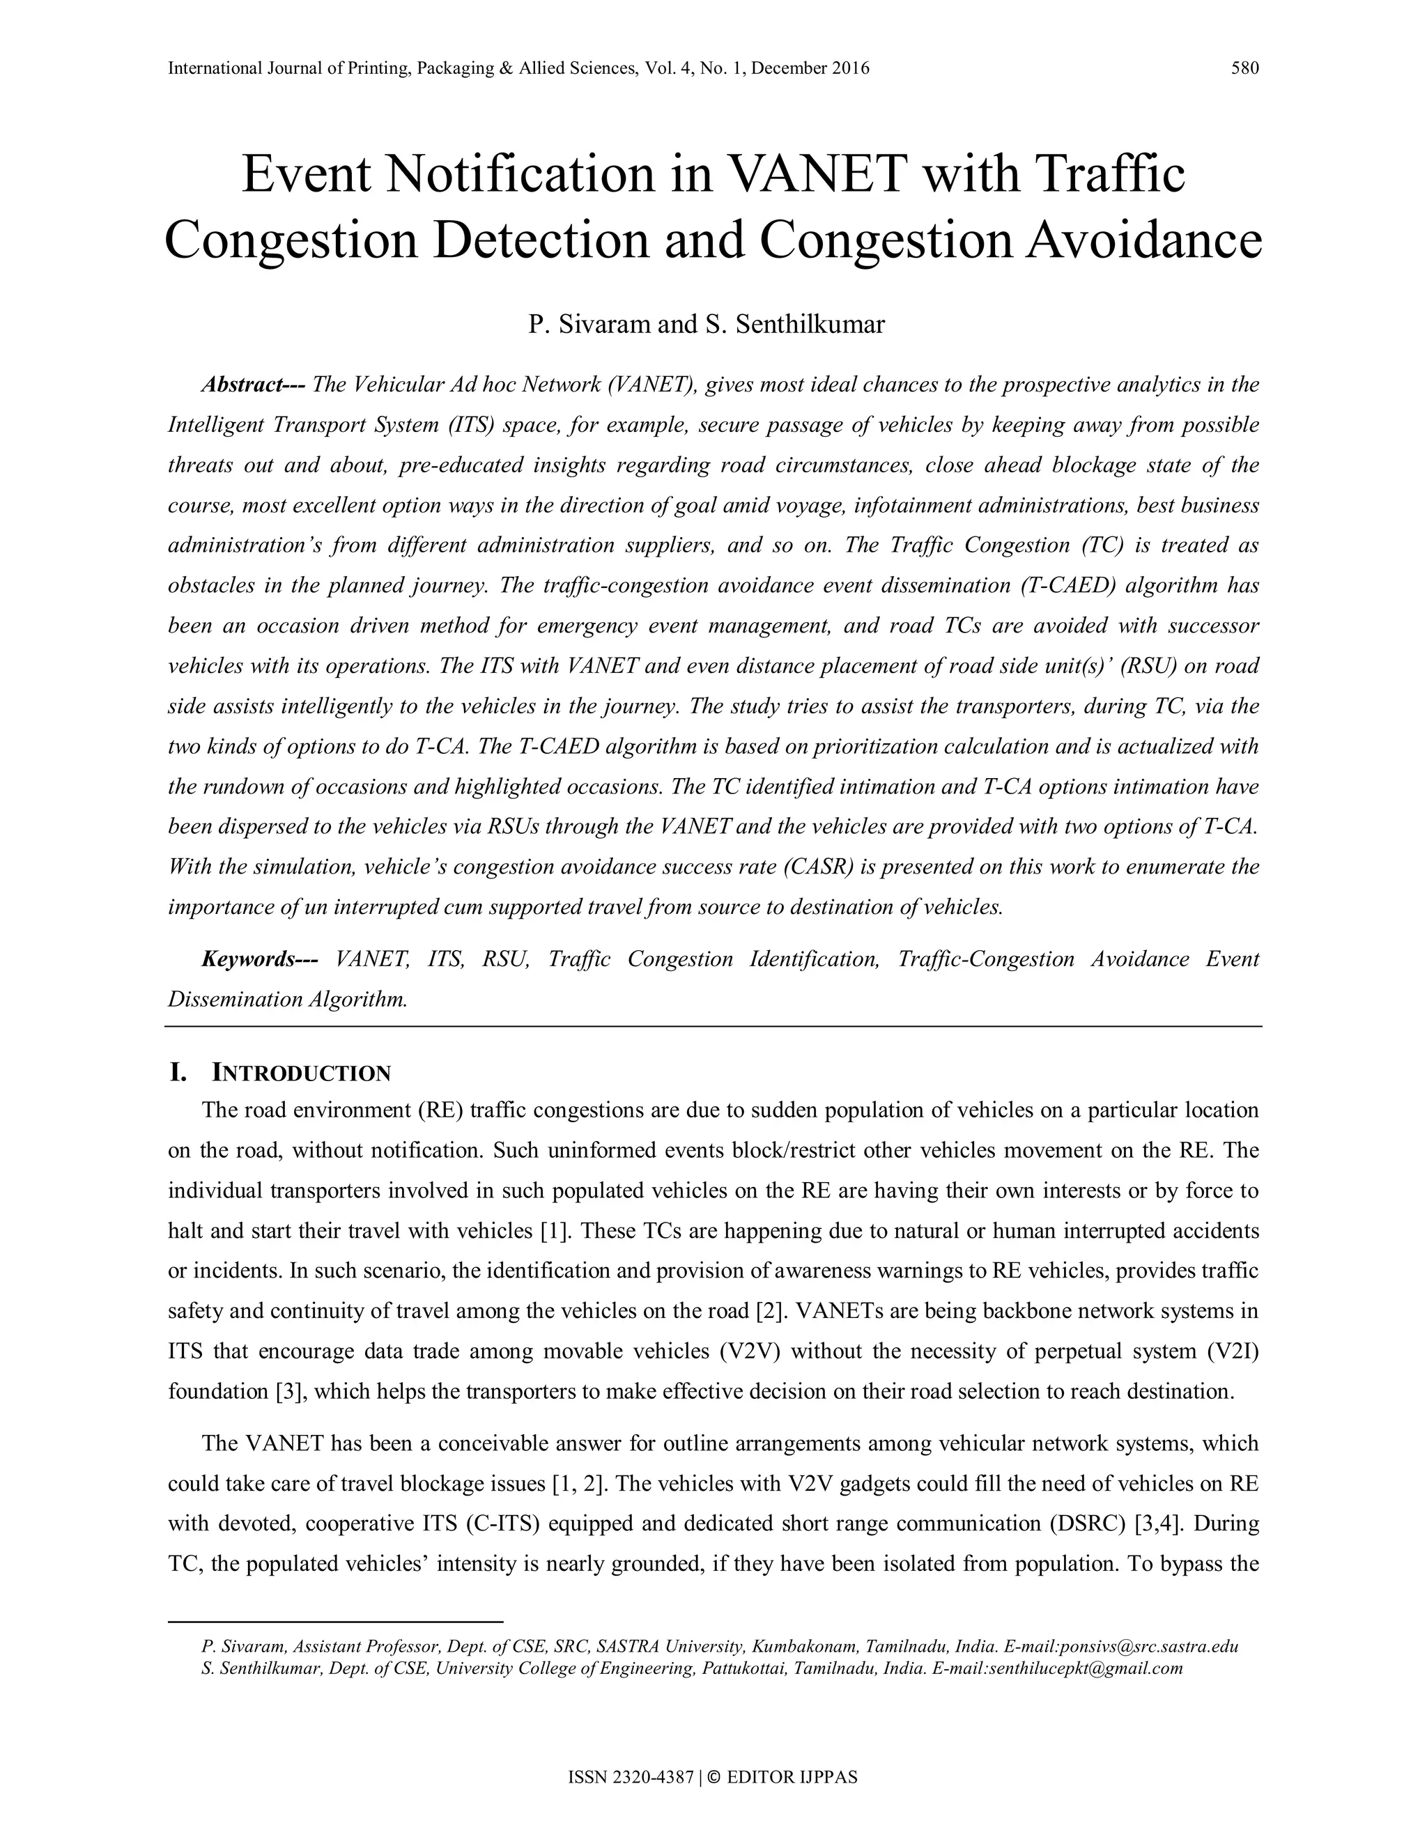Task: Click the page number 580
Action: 1244,68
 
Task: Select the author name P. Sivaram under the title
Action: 589,325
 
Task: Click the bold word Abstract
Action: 253,385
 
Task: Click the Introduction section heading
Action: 301,1073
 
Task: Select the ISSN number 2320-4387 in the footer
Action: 646,1778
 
